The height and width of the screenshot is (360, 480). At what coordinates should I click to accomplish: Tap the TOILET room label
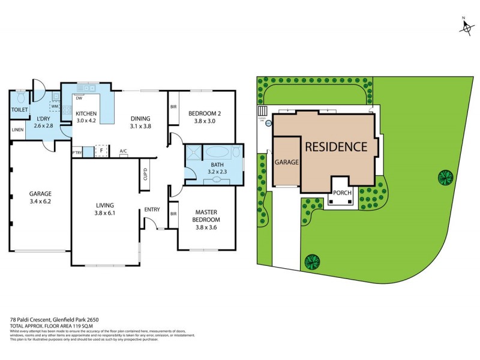tap(20, 109)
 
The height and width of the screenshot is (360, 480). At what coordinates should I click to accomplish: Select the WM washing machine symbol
tap(55, 107)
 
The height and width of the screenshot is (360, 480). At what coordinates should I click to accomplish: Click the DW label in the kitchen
tap(79, 98)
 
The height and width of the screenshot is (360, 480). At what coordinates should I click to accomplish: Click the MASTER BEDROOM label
tap(206, 215)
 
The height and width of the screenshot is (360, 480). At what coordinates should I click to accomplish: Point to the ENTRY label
tap(152, 209)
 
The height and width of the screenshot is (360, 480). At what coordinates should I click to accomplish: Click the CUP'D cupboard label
tap(145, 175)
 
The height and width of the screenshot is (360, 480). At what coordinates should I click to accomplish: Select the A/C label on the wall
tap(123, 151)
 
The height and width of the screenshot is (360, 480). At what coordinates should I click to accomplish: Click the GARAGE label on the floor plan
tap(40, 194)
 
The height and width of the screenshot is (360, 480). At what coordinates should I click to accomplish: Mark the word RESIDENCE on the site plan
tap(335, 146)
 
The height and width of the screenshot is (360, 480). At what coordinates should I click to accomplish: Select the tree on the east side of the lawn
tap(445, 177)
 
